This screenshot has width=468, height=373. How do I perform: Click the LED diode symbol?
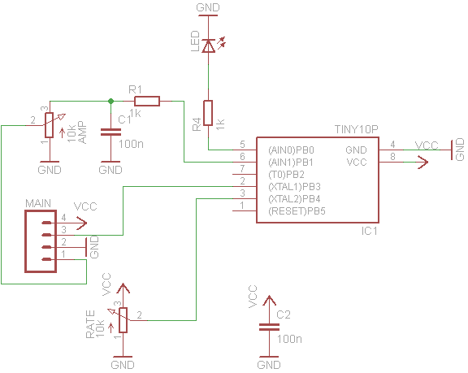coord(208,46)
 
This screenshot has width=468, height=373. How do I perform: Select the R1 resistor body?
coord(147,101)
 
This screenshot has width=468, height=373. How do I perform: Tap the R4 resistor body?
coord(208,113)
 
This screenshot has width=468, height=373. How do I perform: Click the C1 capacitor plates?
coord(110,132)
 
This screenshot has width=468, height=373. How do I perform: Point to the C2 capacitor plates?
coord(269,327)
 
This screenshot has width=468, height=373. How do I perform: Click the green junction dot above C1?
coord(110,101)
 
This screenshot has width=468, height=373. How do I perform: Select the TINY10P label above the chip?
coord(357,129)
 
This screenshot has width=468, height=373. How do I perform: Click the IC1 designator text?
coord(370,231)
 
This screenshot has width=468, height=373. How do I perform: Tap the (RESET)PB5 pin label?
coord(297,211)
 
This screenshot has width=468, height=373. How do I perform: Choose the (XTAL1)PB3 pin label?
coord(295,187)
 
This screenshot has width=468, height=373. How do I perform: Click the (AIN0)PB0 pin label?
coord(292,150)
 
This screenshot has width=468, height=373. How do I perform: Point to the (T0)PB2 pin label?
coord(286,174)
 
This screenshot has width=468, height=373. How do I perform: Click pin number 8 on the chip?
coord(392,156)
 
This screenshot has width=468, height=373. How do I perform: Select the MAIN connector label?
coord(38,203)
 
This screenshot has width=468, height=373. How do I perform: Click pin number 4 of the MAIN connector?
coord(63,218)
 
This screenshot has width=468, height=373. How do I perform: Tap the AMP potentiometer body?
coord(50,125)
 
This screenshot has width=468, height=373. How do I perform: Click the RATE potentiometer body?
coord(123,320)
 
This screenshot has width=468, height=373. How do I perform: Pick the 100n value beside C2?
coord(289,340)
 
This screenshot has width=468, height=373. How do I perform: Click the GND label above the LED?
coord(208,7)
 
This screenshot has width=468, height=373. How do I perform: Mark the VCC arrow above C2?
coord(269,301)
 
